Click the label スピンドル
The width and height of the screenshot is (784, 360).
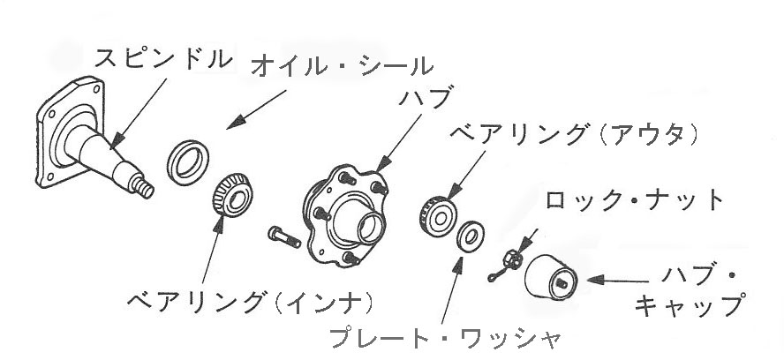(x=164, y=59)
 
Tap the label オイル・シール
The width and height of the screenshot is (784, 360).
(x=342, y=66)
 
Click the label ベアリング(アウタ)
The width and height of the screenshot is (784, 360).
(x=574, y=135)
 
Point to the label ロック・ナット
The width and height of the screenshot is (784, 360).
(x=634, y=200)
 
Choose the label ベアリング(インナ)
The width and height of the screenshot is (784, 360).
(x=250, y=302)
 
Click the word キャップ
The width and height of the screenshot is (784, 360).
(x=689, y=305)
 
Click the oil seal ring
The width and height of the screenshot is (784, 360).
(x=188, y=162)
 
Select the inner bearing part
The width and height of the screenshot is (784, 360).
(x=231, y=194)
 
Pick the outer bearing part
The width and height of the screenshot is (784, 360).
(x=438, y=217)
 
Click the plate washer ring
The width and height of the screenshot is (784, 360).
(x=470, y=236)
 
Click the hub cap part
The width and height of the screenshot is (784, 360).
(x=551, y=277)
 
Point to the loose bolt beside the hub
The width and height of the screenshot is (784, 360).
(x=284, y=236)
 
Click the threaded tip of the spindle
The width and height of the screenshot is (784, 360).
(x=144, y=186)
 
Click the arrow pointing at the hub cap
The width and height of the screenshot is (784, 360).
(x=618, y=281)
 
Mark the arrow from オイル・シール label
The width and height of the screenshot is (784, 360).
(x=256, y=109)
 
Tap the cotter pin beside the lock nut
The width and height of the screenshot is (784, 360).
(x=498, y=273)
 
